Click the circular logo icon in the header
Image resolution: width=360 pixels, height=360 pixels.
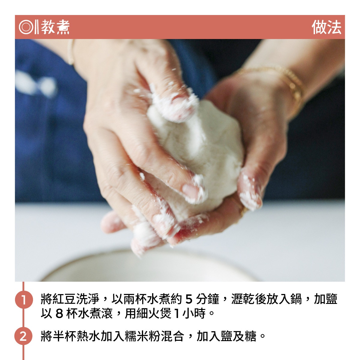[26, 27]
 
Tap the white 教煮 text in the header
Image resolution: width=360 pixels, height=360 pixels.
[55, 27]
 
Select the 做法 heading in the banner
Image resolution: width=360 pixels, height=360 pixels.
[326, 27]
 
